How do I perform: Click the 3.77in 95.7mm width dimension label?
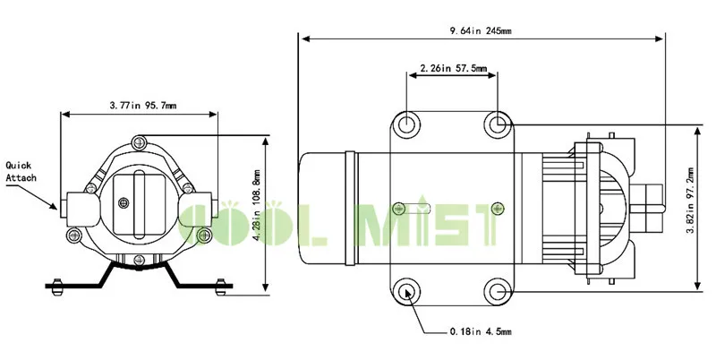coord(138,105)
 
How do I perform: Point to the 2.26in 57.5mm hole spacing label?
coord(453,67)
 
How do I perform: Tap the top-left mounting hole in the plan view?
coord(407,123)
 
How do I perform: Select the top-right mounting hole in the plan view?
coord(499,123)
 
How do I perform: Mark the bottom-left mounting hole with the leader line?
coord(407,290)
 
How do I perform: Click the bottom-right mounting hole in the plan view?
coord(499,290)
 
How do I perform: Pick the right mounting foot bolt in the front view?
coord(216,286)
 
